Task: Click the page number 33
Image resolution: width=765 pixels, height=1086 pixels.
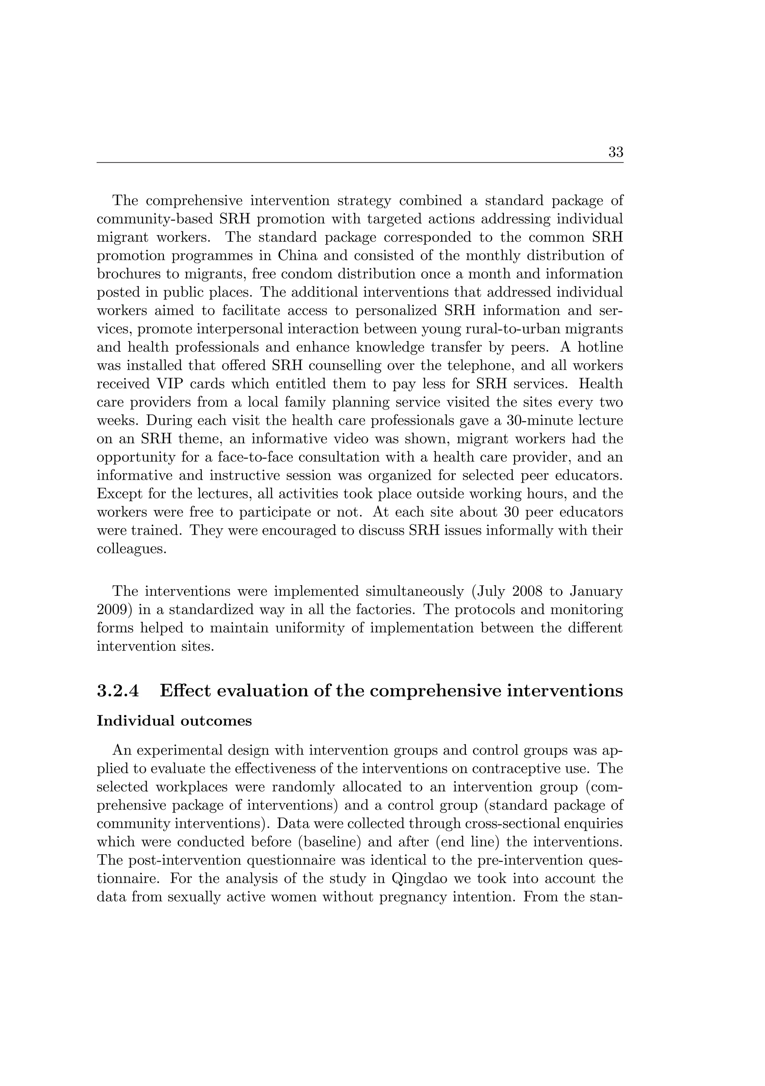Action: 616,152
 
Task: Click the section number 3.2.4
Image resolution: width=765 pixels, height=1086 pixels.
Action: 118,691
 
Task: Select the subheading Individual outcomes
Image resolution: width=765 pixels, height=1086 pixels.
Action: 174,721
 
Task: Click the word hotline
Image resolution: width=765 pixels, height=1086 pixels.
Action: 598,347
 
